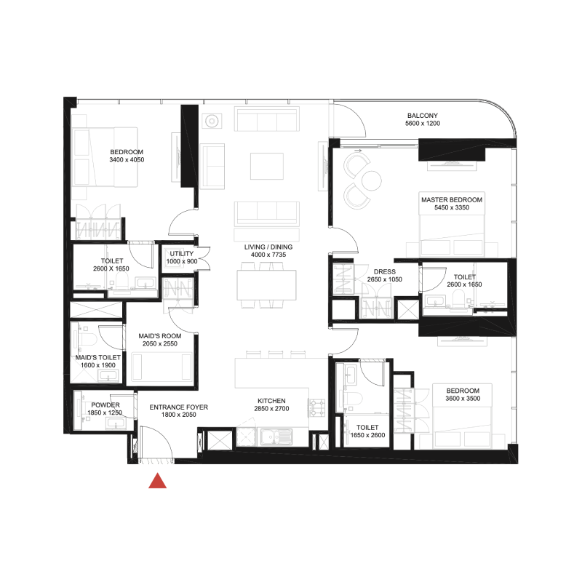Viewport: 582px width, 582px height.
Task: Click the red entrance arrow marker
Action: click(x=158, y=481)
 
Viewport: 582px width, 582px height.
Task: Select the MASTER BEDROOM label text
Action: click(x=451, y=199)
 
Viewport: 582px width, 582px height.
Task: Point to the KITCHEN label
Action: click(x=271, y=401)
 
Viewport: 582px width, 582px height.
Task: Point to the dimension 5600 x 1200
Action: click(x=422, y=124)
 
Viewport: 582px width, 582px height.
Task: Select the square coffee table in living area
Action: click(x=266, y=165)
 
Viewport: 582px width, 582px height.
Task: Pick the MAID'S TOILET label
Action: click(x=97, y=357)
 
